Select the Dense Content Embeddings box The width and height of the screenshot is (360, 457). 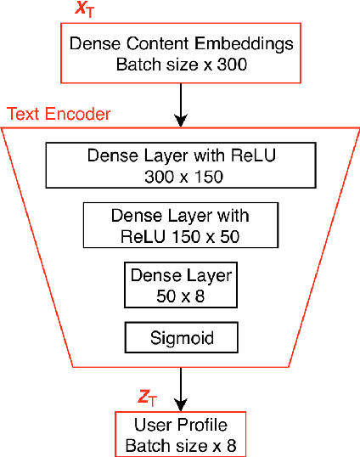tap(179, 54)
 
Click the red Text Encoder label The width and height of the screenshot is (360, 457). tap(59, 114)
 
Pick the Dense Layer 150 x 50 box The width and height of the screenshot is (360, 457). tap(180, 224)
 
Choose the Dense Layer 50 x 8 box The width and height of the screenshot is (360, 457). tap(179, 285)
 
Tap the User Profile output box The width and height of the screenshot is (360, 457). tap(180, 434)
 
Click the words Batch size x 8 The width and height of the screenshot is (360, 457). tap(180, 444)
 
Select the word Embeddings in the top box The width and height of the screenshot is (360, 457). tap(251, 44)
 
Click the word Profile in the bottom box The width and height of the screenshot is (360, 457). tap(200, 425)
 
